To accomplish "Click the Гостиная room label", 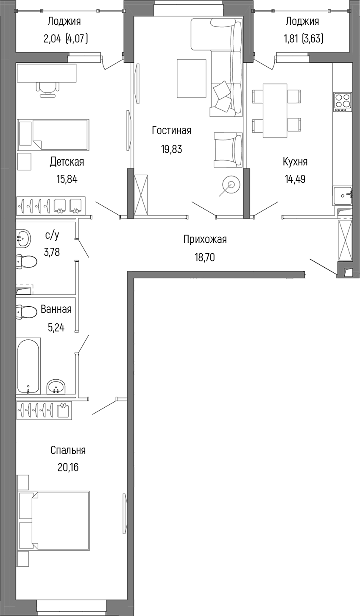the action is [x=171, y=130].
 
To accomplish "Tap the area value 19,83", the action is [x=171, y=149].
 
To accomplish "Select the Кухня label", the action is [x=295, y=162].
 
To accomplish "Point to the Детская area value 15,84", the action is [x=67, y=179].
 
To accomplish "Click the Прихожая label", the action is [x=205, y=240].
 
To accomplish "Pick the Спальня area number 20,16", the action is [x=68, y=467].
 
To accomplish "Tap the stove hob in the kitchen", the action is [x=343, y=102].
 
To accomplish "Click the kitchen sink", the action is [x=343, y=196].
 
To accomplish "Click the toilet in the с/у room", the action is [x=26, y=261].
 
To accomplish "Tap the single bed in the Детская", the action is [x=53, y=135].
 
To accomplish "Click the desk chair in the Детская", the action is [x=47, y=90].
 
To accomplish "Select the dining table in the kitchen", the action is [x=275, y=111].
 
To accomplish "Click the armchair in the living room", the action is [x=228, y=150].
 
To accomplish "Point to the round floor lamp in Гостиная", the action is [x=231, y=185].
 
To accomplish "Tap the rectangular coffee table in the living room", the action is [x=192, y=78].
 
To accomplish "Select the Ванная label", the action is [x=56, y=309].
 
